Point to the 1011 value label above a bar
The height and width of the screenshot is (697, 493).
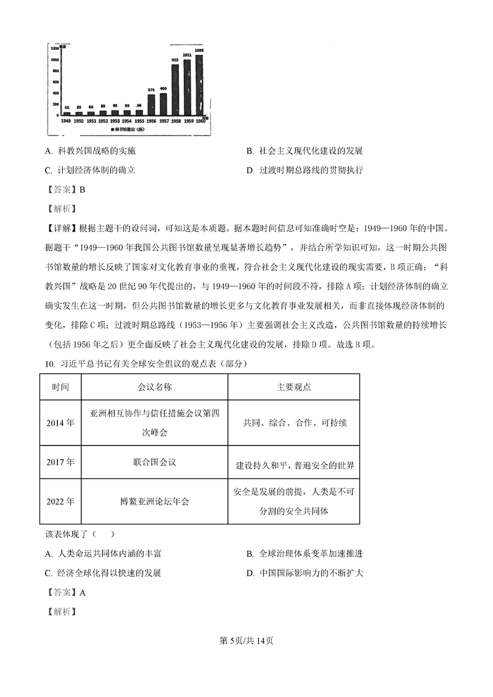click(x=187, y=55)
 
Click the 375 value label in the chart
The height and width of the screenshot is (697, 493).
click(x=151, y=91)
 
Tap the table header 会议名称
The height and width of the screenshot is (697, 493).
click(x=154, y=387)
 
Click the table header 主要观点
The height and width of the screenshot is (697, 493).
click(x=294, y=387)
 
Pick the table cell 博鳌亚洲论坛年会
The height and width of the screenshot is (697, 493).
click(x=154, y=501)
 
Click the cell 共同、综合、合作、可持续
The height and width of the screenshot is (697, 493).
click(x=294, y=423)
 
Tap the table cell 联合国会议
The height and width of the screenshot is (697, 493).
click(x=154, y=462)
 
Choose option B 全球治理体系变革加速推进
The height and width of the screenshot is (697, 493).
click(x=304, y=554)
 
